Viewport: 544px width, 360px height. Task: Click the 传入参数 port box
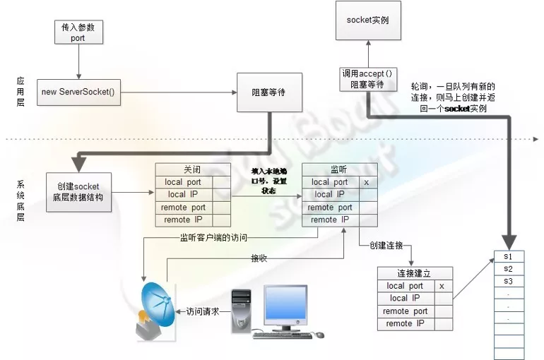(x=78, y=32)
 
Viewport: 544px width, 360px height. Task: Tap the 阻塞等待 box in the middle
(x=268, y=92)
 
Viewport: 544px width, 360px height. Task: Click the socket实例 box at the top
(x=367, y=20)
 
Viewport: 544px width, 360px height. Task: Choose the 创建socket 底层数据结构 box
(x=78, y=191)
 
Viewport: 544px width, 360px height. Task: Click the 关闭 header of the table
(x=193, y=169)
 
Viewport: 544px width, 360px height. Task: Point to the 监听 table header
(x=340, y=169)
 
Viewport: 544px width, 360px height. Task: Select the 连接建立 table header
(x=415, y=272)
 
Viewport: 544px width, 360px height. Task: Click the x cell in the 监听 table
(x=366, y=182)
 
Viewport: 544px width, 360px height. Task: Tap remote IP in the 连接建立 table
(x=405, y=323)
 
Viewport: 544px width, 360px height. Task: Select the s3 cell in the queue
(x=509, y=281)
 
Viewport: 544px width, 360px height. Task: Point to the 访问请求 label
(x=203, y=311)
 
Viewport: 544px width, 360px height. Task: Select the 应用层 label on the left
(x=20, y=91)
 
